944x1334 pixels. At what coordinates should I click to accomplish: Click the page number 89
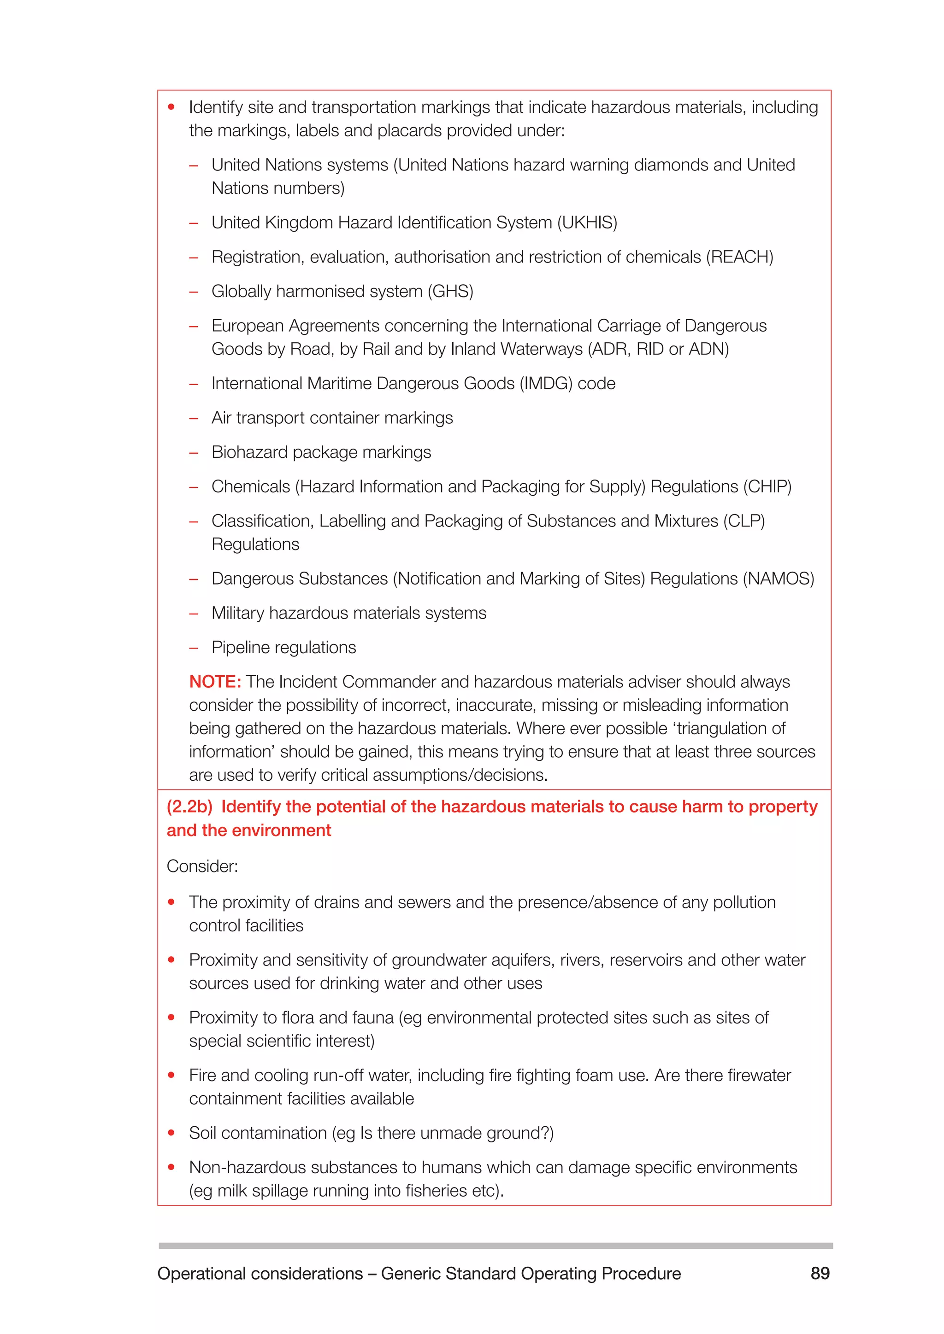click(x=820, y=1273)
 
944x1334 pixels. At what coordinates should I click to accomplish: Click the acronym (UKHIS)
click(x=587, y=222)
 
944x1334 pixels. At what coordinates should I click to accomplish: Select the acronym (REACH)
click(x=739, y=257)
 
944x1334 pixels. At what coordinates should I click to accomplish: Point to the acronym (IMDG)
click(x=546, y=383)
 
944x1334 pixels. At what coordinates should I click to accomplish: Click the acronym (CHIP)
click(x=767, y=486)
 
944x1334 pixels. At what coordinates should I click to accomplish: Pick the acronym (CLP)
click(x=743, y=521)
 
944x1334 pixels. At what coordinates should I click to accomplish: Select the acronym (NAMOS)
click(x=779, y=579)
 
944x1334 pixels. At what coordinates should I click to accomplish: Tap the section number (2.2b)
click(x=189, y=807)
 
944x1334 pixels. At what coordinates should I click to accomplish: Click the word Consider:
click(x=202, y=866)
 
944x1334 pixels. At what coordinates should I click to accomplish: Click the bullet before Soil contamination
click(x=171, y=1133)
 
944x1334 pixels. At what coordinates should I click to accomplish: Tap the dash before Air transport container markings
click(x=194, y=418)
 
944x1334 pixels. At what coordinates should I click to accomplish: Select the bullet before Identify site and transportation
click(x=171, y=107)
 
